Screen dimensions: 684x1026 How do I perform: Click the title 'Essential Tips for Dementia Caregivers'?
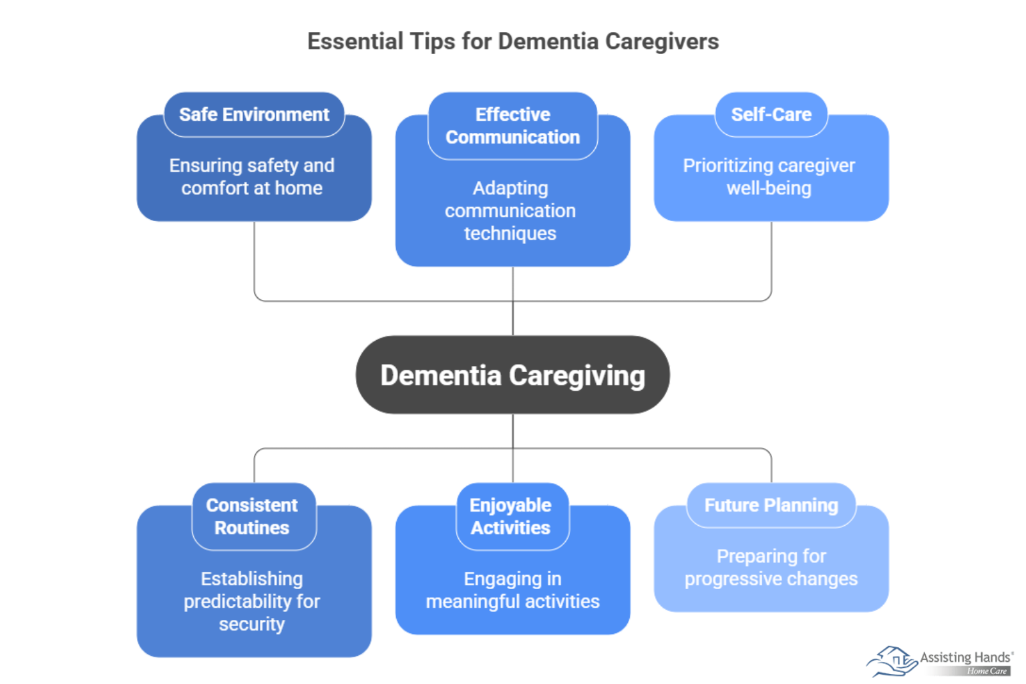pyautogui.click(x=513, y=41)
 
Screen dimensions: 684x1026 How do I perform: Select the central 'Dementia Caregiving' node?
pyautogui.click(x=513, y=375)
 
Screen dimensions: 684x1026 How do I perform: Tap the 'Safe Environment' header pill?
pyautogui.click(x=254, y=115)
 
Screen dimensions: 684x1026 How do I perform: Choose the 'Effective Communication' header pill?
pyautogui.click(x=513, y=126)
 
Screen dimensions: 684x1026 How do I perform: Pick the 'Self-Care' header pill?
pyautogui.click(x=771, y=115)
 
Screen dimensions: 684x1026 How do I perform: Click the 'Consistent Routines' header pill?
pyautogui.click(x=252, y=516)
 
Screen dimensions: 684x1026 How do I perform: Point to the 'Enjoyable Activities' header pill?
pyautogui.click(x=511, y=516)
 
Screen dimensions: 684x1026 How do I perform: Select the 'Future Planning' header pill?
pyautogui.click(x=771, y=506)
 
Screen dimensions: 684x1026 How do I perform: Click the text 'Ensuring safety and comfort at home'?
pyautogui.click(x=252, y=177)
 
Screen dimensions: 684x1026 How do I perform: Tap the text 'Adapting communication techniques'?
pyautogui.click(x=510, y=211)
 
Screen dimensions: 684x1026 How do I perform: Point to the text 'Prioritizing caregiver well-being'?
pyautogui.click(x=769, y=177)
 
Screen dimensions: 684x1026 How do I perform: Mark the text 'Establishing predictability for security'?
pyautogui.click(x=252, y=601)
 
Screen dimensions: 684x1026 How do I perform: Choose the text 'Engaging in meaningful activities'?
pyautogui.click(x=512, y=590)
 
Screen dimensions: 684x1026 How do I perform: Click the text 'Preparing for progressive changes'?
pyautogui.click(x=771, y=568)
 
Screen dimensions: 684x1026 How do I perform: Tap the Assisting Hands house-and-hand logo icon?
pyautogui.click(x=892, y=661)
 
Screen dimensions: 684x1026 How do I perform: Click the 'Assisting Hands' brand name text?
pyautogui.click(x=965, y=657)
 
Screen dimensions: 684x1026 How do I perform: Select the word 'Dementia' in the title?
pyautogui.click(x=548, y=41)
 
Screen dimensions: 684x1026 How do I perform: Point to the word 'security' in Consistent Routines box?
pyautogui.click(x=252, y=624)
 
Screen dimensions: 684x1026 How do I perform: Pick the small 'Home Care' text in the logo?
pyautogui.click(x=987, y=671)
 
